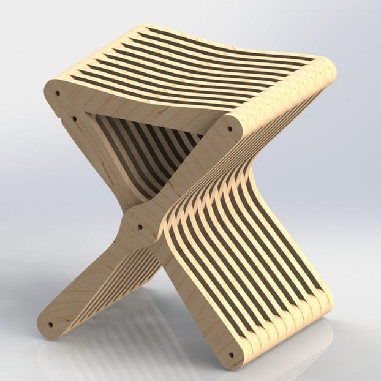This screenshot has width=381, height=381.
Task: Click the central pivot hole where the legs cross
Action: (x=140, y=226)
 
